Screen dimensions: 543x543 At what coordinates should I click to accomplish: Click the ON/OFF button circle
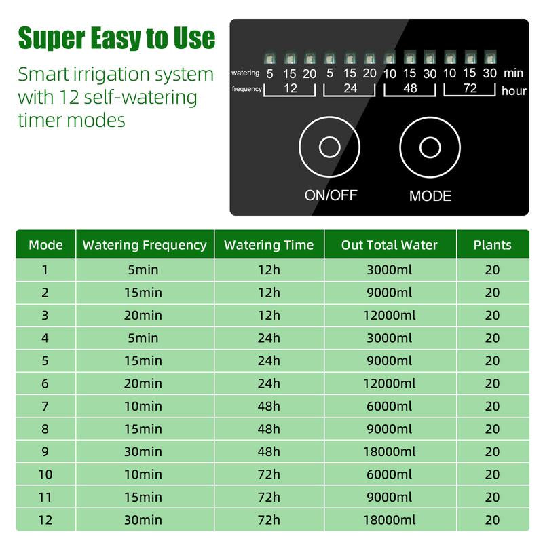[x=330, y=147]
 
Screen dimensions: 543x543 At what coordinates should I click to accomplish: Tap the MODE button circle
[x=430, y=147]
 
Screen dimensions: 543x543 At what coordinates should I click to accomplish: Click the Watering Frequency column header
[x=145, y=245]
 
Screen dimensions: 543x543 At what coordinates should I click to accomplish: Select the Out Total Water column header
[x=390, y=245]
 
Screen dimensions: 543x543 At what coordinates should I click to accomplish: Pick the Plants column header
[x=492, y=245]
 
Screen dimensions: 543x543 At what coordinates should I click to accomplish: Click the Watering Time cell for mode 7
[x=269, y=406]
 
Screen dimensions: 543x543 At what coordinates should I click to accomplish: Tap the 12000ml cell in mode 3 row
[x=390, y=315]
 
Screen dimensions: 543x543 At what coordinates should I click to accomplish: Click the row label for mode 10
[x=45, y=474]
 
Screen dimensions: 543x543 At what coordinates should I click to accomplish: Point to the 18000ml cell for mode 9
[x=390, y=451]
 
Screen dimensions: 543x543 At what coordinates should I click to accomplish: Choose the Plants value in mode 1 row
[x=492, y=269]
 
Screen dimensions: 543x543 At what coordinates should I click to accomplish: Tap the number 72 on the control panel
[x=470, y=88]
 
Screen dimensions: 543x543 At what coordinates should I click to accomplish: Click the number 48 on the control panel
[x=409, y=88]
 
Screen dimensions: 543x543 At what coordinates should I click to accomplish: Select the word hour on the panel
[x=514, y=90]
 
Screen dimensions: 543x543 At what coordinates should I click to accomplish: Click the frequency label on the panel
[x=246, y=89]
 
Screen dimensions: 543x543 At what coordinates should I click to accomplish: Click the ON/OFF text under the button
[x=331, y=195]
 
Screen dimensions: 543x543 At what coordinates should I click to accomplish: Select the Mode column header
[x=45, y=245]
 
